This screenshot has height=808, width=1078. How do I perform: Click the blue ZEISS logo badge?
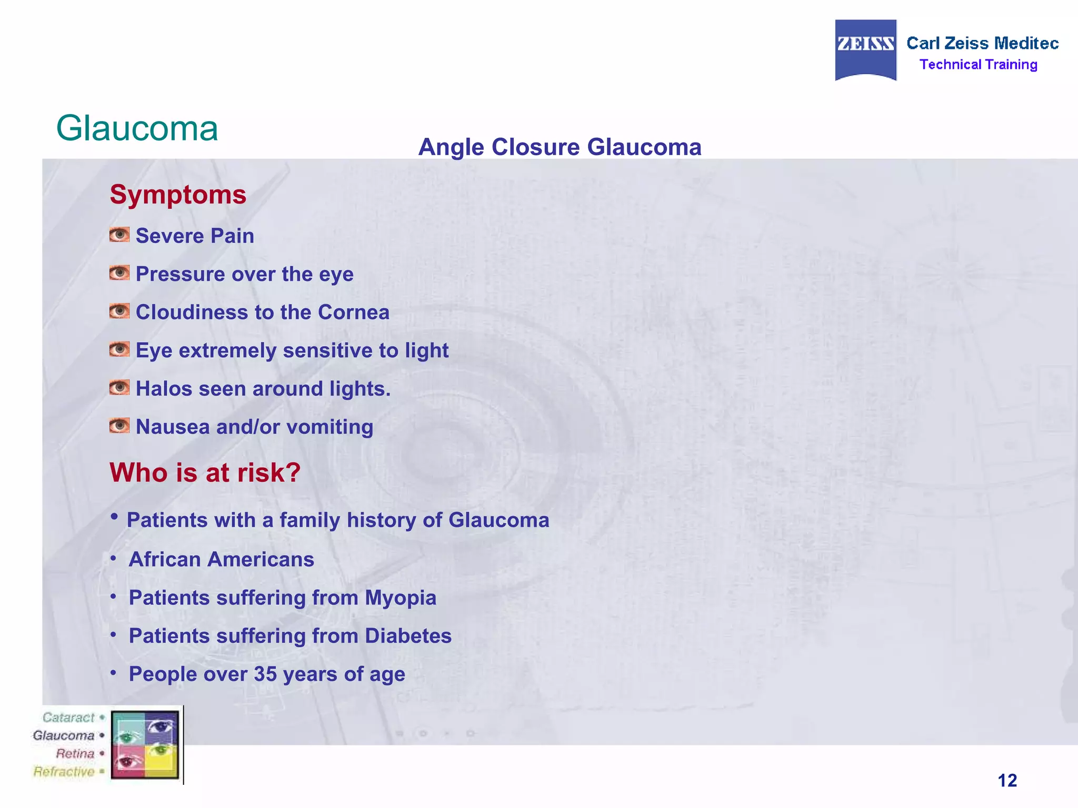tap(865, 49)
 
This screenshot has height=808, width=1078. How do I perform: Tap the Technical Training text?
tap(978, 65)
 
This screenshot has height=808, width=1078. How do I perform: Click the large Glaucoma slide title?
tap(137, 128)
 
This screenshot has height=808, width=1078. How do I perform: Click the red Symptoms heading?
tap(178, 195)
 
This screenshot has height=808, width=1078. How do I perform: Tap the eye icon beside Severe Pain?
tap(119, 235)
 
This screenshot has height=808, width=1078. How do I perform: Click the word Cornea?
tap(353, 312)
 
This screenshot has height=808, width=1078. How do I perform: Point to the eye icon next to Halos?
tap(119, 388)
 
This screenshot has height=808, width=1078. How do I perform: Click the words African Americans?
tap(221, 559)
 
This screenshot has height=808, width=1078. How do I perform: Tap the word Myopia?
tap(400, 598)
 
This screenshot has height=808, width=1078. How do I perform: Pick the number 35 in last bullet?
tap(265, 674)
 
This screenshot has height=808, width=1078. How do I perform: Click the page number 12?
tap(1007, 780)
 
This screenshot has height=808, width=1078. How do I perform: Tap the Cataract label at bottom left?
tap(68, 718)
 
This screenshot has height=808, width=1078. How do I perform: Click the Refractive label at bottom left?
tap(64, 772)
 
